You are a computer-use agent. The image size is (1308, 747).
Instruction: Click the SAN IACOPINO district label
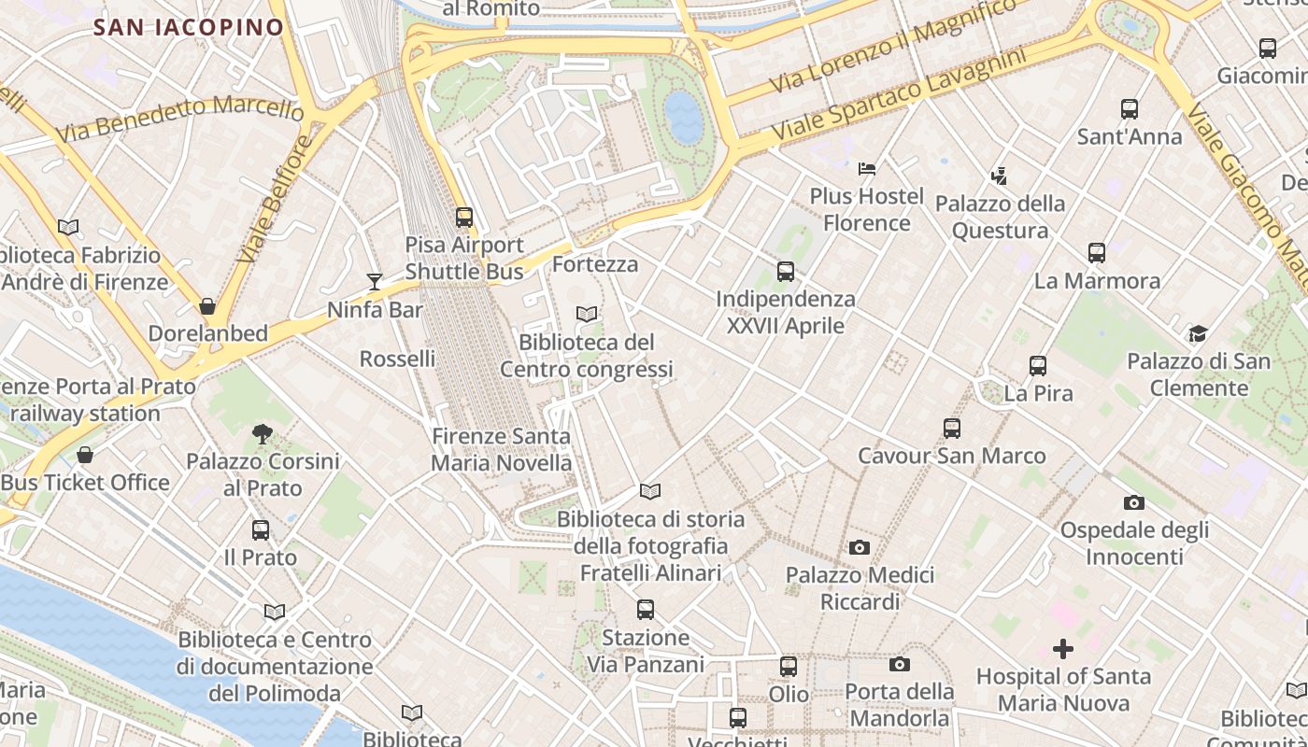click(x=188, y=27)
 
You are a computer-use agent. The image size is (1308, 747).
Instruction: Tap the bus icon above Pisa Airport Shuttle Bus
click(x=464, y=218)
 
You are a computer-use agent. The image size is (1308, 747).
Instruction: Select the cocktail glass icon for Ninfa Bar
click(x=375, y=281)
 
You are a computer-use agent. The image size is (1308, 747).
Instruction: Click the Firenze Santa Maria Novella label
click(x=501, y=449)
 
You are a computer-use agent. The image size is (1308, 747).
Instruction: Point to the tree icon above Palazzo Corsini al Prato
click(x=263, y=433)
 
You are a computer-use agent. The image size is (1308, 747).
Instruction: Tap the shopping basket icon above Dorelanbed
click(x=207, y=306)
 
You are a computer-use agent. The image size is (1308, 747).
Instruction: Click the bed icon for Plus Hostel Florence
click(x=867, y=169)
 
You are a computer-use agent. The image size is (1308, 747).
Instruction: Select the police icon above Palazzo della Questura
click(x=1000, y=176)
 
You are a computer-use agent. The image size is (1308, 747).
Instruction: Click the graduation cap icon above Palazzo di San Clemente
click(x=1198, y=333)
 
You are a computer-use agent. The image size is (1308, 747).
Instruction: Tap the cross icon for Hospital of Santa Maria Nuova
click(x=1063, y=649)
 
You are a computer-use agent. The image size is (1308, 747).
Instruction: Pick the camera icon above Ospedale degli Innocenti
click(x=1134, y=502)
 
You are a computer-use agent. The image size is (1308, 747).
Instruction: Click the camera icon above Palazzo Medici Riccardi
click(x=860, y=547)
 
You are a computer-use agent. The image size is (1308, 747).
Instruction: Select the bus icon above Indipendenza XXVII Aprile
click(x=786, y=272)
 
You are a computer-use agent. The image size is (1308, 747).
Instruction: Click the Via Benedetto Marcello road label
click(x=179, y=119)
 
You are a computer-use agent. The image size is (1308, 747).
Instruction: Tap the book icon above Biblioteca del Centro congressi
click(x=586, y=315)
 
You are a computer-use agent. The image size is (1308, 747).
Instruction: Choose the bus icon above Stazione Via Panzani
click(x=646, y=610)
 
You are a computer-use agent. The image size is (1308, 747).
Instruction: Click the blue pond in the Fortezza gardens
click(x=684, y=118)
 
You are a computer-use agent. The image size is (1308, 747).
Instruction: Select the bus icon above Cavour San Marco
click(x=952, y=429)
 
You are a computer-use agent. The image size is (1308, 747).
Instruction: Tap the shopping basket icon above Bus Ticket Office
click(x=85, y=455)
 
